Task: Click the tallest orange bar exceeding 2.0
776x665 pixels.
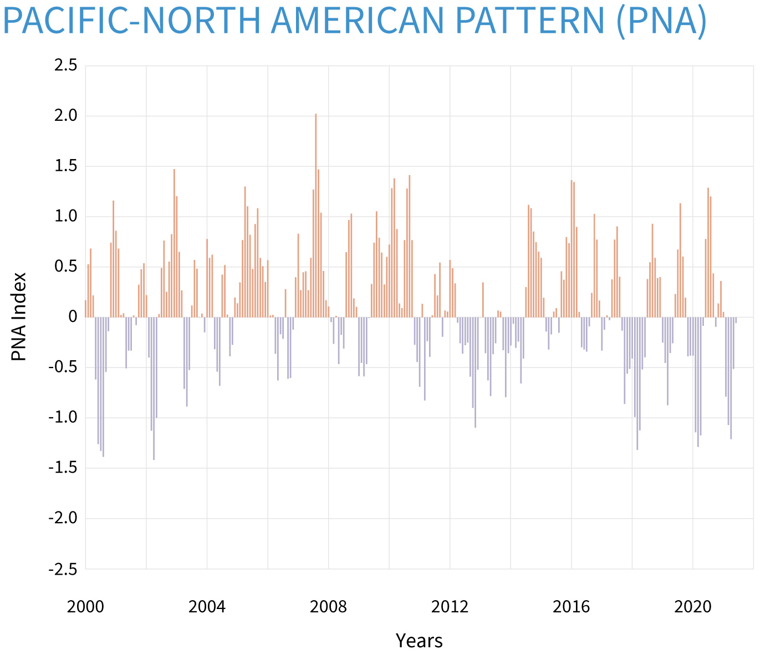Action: click(316, 216)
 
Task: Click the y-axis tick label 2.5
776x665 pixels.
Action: click(65, 66)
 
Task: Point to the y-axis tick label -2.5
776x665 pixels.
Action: click(63, 569)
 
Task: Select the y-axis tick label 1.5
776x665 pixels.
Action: click(65, 167)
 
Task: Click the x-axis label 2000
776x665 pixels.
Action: click(85, 607)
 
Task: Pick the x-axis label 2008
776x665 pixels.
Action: click(329, 607)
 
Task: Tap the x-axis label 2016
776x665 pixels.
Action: click(571, 607)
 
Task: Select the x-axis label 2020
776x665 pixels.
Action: click(693, 607)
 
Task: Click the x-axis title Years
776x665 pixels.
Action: click(419, 641)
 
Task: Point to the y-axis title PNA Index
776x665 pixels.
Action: click(19, 316)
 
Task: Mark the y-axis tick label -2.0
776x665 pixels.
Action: click(63, 519)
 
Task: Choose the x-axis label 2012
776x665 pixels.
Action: click(450, 607)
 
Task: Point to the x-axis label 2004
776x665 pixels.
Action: click(207, 607)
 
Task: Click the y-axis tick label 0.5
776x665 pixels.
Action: click(65, 267)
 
